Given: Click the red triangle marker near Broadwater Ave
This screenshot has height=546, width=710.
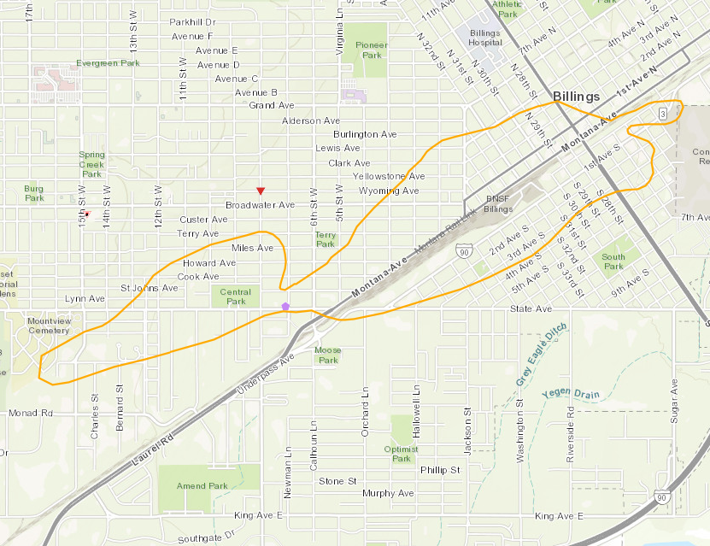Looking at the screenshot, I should click(261, 190).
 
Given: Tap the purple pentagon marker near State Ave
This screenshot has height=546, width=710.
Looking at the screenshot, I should click(285, 305).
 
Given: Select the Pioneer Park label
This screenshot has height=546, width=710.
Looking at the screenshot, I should click(372, 50).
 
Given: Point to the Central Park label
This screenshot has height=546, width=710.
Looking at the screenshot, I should click(236, 296).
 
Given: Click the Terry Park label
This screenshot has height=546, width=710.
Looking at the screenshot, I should click(326, 238).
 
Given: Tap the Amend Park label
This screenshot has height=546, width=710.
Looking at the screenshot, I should click(202, 486).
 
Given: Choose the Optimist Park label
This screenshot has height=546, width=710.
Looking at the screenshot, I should click(402, 453).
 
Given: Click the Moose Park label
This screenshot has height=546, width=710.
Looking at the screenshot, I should click(328, 355).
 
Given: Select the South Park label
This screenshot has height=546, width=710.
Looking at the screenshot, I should click(613, 261).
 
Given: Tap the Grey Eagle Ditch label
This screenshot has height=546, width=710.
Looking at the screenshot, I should click(541, 353).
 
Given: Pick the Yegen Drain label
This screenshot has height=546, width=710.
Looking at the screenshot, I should click(570, 395).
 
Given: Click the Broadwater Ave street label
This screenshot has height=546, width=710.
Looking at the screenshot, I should click(260, 205).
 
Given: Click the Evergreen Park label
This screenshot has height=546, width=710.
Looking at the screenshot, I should click(108, 63).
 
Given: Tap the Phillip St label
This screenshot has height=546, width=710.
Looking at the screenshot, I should click(440, 470).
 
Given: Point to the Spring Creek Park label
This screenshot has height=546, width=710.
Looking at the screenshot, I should click(91, 163).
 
